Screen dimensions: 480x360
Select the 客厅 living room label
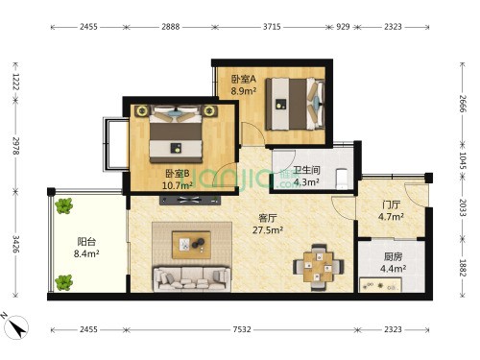coord(268,218)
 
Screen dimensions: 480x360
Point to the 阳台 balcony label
coord(86,242)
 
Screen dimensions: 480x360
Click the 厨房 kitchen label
coord(393,256)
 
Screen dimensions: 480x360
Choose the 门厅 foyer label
coord(391,204)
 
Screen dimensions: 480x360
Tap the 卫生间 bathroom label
coord(306,170)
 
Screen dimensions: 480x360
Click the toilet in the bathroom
coord(342,179)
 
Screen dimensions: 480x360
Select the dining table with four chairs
coord(319,267)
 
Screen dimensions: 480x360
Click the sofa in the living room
coord(192,279)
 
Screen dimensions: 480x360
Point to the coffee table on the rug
coord(191,245)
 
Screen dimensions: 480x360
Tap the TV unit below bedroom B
coord(190,201)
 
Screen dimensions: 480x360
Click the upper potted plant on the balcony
coord(63,205)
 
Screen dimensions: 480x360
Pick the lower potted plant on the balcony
coord(63,282)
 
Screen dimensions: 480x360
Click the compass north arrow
coord(16,326)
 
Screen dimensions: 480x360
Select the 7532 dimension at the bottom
coord(242,329)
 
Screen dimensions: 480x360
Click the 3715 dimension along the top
coord(272,27)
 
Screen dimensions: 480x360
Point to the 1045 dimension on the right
coord(463,160)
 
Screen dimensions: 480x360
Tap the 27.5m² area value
coord(268,230)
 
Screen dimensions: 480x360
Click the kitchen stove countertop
coord(380,285)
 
